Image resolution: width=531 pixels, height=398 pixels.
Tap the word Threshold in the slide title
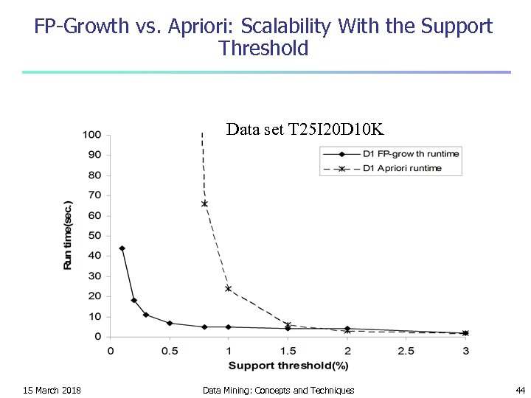(x=263, y=49)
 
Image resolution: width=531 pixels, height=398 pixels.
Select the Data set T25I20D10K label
(x=305, y=130)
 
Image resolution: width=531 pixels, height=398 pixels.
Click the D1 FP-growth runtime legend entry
(x=411, y=154)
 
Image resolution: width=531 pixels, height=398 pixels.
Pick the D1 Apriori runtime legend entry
(x=402, y=168)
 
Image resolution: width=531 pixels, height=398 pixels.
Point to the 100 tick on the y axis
(x=92, y=135)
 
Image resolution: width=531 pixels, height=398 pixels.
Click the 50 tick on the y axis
(x=94, y=236)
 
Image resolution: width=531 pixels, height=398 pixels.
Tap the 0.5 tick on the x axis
(x=170, y=350)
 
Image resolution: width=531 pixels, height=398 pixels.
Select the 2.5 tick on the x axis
(x=406, y=350)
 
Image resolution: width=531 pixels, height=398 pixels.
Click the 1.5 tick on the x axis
(x=288, y=350)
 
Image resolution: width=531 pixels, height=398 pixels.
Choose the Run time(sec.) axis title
(x=68, y=235)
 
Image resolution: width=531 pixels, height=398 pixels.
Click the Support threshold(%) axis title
(x=288, y=364)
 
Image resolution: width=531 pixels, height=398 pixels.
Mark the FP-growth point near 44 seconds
(x=122, y=248)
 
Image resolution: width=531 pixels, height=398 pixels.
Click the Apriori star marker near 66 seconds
(x=204, y=203)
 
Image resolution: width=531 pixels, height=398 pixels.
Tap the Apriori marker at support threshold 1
(x=229, y=288)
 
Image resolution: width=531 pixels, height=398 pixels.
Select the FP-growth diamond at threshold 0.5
(x=170, y=323)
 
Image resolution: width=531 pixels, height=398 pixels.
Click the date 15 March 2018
(x=52, y=390)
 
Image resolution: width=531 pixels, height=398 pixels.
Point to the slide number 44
(x=520, y=390)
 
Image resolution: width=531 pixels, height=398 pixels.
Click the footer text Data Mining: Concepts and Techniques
(x=278, y=390)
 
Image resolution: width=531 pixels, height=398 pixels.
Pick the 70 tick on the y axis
(x=94, y=195)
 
